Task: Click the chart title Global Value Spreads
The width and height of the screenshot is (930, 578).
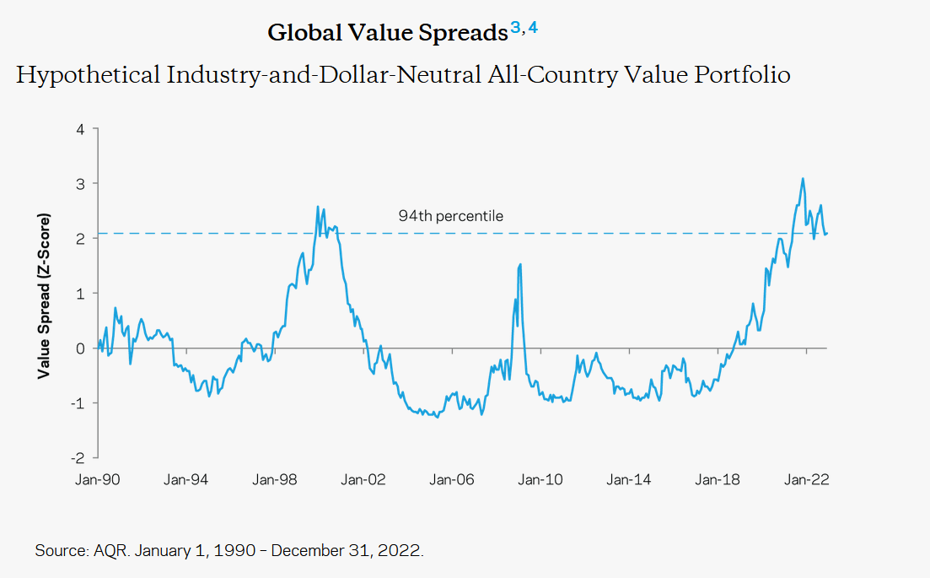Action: (x=387, y=33)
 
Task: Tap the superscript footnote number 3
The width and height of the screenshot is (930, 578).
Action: (x=515, y=30)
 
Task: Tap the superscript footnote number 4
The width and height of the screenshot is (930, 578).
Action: (x=533, y=30)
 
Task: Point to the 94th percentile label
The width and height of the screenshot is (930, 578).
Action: (x=450, y=217)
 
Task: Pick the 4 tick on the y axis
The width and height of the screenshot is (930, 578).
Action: (x=80, y=129)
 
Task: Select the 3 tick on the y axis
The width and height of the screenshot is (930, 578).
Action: (x=80, y=184)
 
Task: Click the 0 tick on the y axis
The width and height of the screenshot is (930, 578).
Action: (x=80, y=348)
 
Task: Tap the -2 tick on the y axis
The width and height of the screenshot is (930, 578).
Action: (x=78, y=458)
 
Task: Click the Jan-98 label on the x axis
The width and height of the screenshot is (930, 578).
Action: (x=275, y=480)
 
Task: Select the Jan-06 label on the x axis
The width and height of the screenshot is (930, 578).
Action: (x=451, y=480)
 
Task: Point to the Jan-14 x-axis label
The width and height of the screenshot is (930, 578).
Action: (x=628, y=480)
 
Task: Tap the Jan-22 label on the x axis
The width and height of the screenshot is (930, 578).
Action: (x=804, y=480)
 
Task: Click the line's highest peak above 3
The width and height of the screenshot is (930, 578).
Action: (x=803, y=178)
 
